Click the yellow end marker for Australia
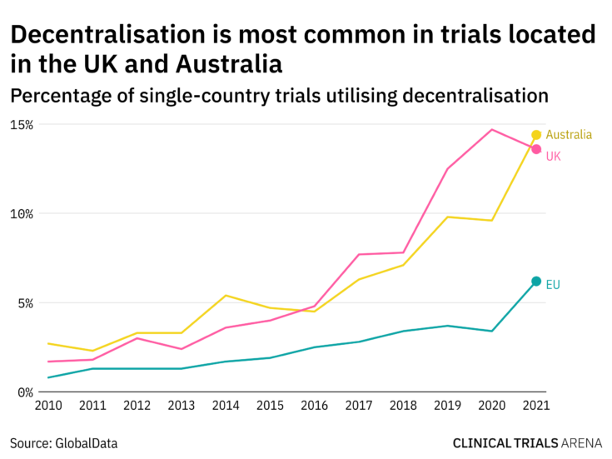tap(536, 135)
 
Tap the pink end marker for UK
tap(536, 149)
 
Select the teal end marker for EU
tap(536, 282)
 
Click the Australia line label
tap(569, 135)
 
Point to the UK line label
tap(554, 156)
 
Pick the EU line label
tap(553, 285)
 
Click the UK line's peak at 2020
tap(492, 129)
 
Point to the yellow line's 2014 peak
tap(226, 296)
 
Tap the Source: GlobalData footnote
tap(64, 443)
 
